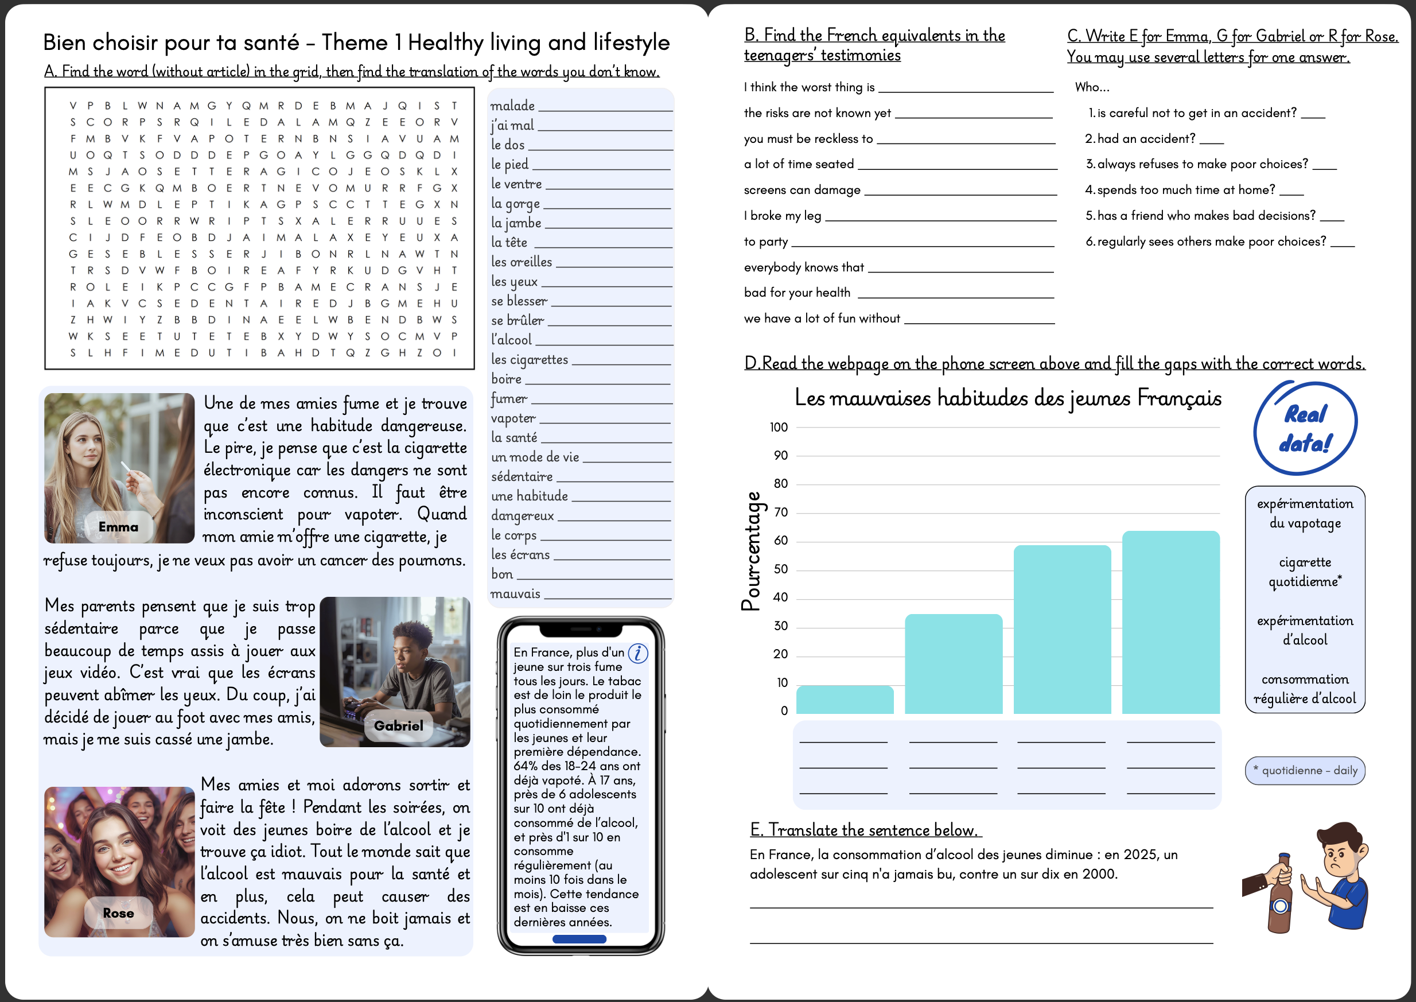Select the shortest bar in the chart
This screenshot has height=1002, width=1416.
(x=845, y=700)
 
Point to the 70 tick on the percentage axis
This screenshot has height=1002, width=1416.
(x=781, y=512)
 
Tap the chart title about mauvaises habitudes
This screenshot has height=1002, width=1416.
(x=1007, y=398)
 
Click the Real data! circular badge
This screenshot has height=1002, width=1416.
(x=1305, y=428)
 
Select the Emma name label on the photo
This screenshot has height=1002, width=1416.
(x=118, y=527)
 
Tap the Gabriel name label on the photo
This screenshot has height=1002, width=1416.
(x=398, y=725)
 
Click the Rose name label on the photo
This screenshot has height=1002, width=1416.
(x=118, y=913)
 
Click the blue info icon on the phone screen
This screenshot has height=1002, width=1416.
(x=637, y=653)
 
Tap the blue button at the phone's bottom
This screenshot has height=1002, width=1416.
(x=579, y=939)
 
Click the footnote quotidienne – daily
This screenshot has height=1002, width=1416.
(x=1304, y=771)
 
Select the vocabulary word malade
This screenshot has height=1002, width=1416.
(x=512, y=106)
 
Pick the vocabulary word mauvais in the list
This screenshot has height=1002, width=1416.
(x=516, y=593)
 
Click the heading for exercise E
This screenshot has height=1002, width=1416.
(x=865, y=830)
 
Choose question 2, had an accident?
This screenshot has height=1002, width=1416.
(x=1145, y=139)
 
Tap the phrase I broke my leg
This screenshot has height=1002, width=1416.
(x=782, y=216)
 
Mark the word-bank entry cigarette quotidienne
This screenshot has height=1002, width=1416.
(x=1304, y=572)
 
